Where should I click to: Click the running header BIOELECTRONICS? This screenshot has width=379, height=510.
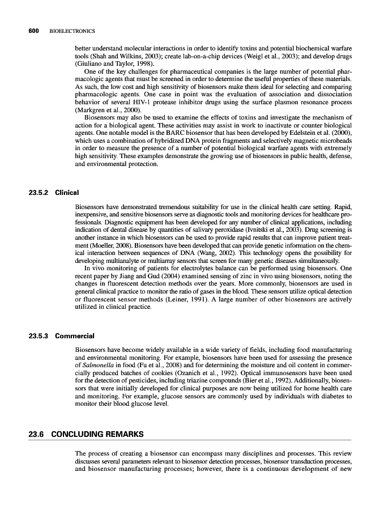click(72, 31)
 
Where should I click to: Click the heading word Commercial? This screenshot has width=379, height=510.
click(75, 336)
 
